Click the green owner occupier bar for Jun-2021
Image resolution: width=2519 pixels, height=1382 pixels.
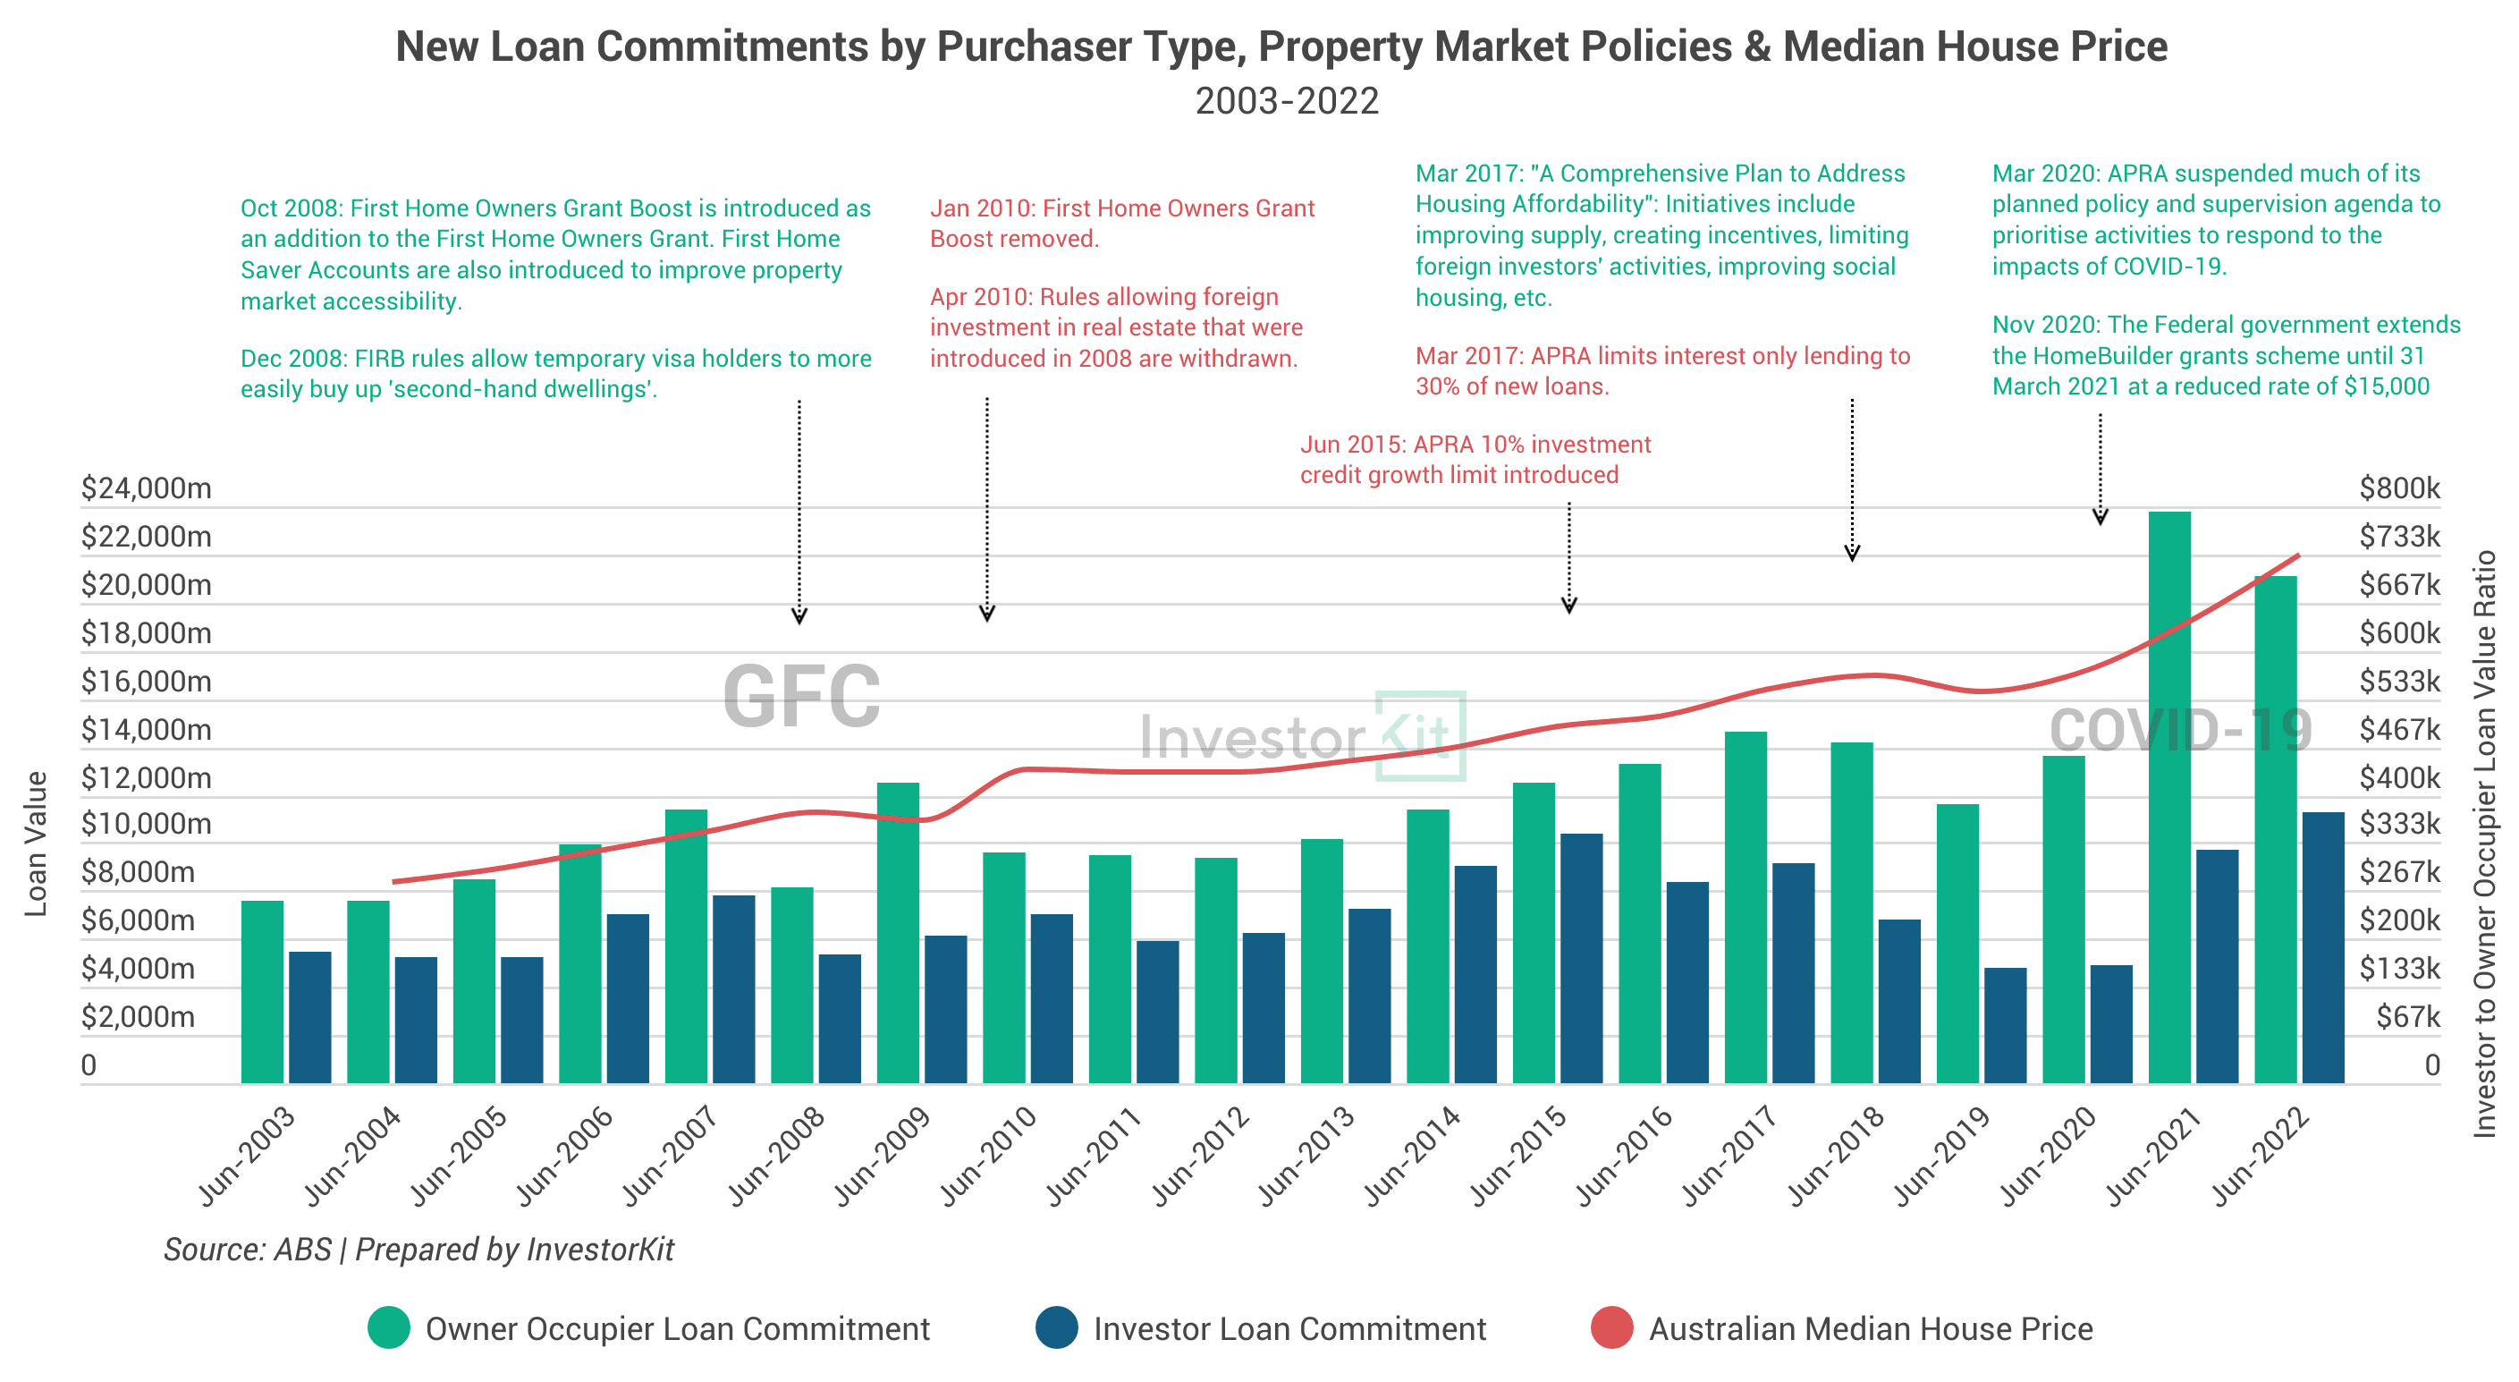(x=2169, y=797)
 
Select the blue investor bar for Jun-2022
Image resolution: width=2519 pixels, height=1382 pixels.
(x=2322, y=948)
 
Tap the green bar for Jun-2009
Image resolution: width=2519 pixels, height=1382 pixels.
(x=898, y=933)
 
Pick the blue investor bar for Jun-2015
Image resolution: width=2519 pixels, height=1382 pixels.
(x=1581, y=959)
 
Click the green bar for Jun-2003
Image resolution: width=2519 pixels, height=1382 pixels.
(x=262, y=992)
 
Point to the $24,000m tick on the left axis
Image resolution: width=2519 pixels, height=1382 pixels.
(x=147, y=488)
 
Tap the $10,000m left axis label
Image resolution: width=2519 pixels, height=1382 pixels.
(x=147, y=825)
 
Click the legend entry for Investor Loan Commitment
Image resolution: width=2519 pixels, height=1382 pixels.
(x=1262, y=1328)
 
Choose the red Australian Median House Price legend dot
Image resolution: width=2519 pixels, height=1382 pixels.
(x=1612, y=1328)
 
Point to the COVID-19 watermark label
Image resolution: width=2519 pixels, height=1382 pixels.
(x=2181, y=730)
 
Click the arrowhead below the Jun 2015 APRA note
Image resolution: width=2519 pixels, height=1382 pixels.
(x=1569, y=606)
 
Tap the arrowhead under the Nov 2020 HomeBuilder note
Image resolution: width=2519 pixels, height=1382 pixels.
(x=2101, y=517)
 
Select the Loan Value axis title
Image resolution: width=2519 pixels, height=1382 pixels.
(x=36, y=844)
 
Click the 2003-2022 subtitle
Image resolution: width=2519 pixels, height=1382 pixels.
(x=1287, y=101)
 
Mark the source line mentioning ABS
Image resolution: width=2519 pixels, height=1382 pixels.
(x=418, y=1249)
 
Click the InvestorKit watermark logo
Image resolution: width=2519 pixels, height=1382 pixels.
(x=1303, y=736)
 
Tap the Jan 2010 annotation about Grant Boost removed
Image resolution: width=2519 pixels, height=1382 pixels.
(x=1122, y=223)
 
